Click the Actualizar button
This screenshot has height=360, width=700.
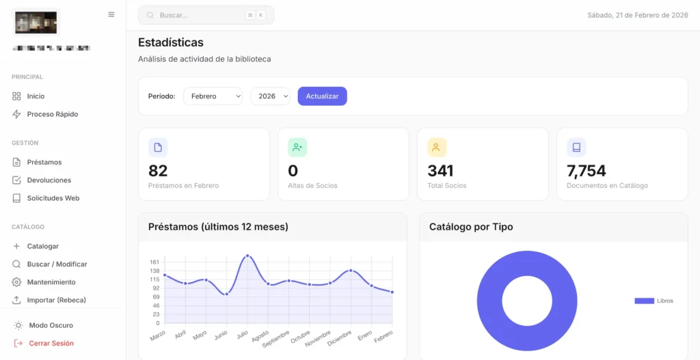(322, 96)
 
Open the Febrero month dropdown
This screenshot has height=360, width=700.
(213, 96)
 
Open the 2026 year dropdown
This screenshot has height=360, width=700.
(270, 96)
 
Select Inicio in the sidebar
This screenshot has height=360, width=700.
(36, 96)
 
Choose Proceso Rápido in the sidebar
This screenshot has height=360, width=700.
(52, 114)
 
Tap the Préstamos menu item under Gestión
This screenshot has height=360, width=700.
(44, 163)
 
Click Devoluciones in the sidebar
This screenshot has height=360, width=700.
(49, 180)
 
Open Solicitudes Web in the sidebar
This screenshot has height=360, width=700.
(53, 198)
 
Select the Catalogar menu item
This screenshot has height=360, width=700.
(42, 246)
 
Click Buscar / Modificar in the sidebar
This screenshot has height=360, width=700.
(57, 264)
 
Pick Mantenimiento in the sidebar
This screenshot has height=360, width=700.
(51, 282)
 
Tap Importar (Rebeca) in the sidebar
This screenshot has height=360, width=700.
(56, 300)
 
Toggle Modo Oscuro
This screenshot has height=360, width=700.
(51, 325)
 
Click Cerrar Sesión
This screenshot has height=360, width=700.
(51, 344)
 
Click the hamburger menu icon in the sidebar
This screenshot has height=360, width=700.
(111, 14)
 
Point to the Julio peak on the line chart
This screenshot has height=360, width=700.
(247, 256)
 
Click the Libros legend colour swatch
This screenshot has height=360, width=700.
(644, 301)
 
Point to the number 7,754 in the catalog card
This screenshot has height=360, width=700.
(586, 171)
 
